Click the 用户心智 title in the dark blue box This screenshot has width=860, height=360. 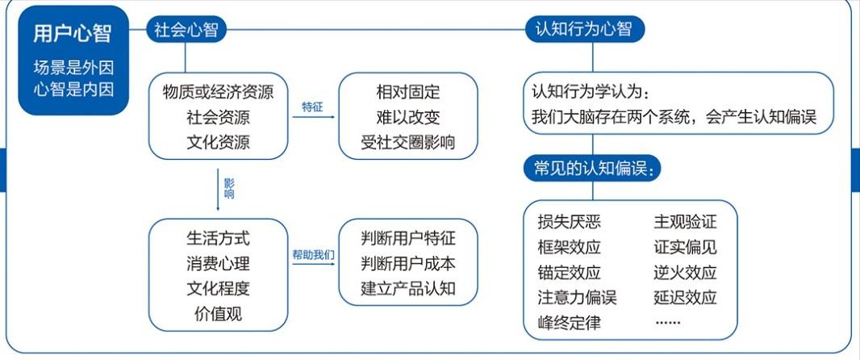73,34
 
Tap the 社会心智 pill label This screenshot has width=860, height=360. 186,30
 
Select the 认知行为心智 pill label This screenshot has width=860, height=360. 585,28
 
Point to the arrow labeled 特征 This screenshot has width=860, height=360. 314,117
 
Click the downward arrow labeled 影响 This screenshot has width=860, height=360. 218,190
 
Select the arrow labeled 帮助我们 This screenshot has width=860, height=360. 314,265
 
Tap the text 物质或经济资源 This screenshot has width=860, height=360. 219,92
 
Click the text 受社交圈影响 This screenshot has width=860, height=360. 408,142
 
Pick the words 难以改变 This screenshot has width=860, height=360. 408,117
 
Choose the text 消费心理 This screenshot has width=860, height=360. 219,264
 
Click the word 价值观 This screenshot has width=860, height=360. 219,314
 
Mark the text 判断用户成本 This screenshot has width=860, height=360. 408,264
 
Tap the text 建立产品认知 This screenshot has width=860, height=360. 408,289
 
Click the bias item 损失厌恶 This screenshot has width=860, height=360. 570,222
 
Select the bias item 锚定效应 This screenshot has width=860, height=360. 570,272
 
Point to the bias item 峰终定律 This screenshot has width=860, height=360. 570,322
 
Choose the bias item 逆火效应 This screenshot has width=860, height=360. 685,272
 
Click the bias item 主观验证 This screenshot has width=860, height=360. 685,222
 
